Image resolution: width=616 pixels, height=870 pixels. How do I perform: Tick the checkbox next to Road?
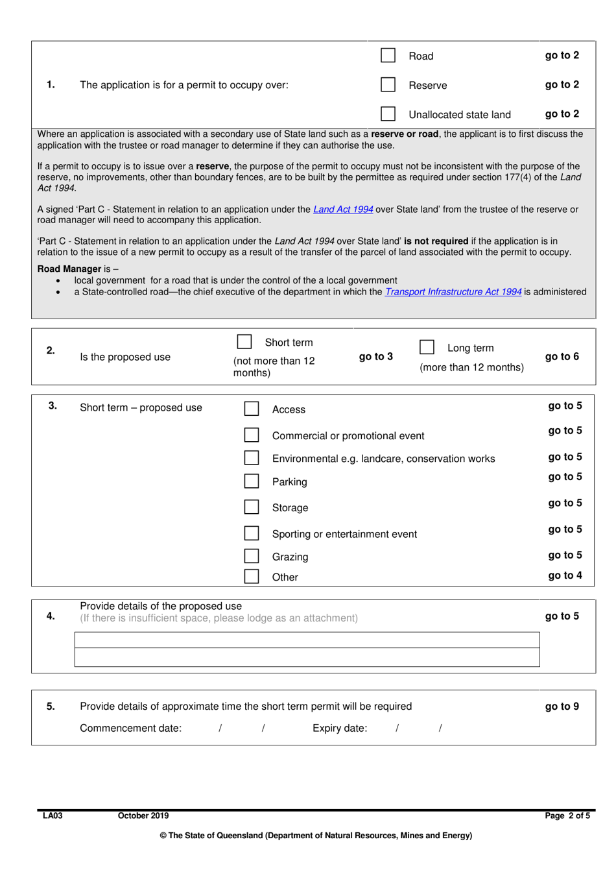point(388,56)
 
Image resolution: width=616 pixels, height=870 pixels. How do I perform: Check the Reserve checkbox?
point(388,85)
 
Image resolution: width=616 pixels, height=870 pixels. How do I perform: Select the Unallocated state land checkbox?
point(388,114)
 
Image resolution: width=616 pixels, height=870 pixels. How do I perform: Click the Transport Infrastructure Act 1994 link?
point(453,292)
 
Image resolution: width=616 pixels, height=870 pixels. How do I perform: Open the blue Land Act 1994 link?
point(343,210)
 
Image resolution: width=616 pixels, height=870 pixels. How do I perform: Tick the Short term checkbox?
point(244,342)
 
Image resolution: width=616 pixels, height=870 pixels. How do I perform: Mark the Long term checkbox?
point(427,348)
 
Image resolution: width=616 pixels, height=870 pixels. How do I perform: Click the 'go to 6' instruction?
point(562,356)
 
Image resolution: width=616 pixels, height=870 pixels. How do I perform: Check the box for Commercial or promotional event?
point(252,435)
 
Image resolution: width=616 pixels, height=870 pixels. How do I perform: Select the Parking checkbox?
point(252,481)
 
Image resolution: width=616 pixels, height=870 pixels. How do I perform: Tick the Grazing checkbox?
point(252,556)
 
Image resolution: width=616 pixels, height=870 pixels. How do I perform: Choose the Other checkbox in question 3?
point(252,576)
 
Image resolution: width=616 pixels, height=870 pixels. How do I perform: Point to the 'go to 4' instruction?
point(565,575)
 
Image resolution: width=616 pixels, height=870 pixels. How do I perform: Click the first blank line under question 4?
point(307,640)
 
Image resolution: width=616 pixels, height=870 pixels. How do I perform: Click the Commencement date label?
point(130,728)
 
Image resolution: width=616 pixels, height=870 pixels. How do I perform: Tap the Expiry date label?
point(340,728)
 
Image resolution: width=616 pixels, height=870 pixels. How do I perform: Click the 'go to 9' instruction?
point(562,707)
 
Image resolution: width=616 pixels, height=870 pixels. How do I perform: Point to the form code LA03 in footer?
point(53,816)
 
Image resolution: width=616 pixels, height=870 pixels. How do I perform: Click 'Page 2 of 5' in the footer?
point(567,816)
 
